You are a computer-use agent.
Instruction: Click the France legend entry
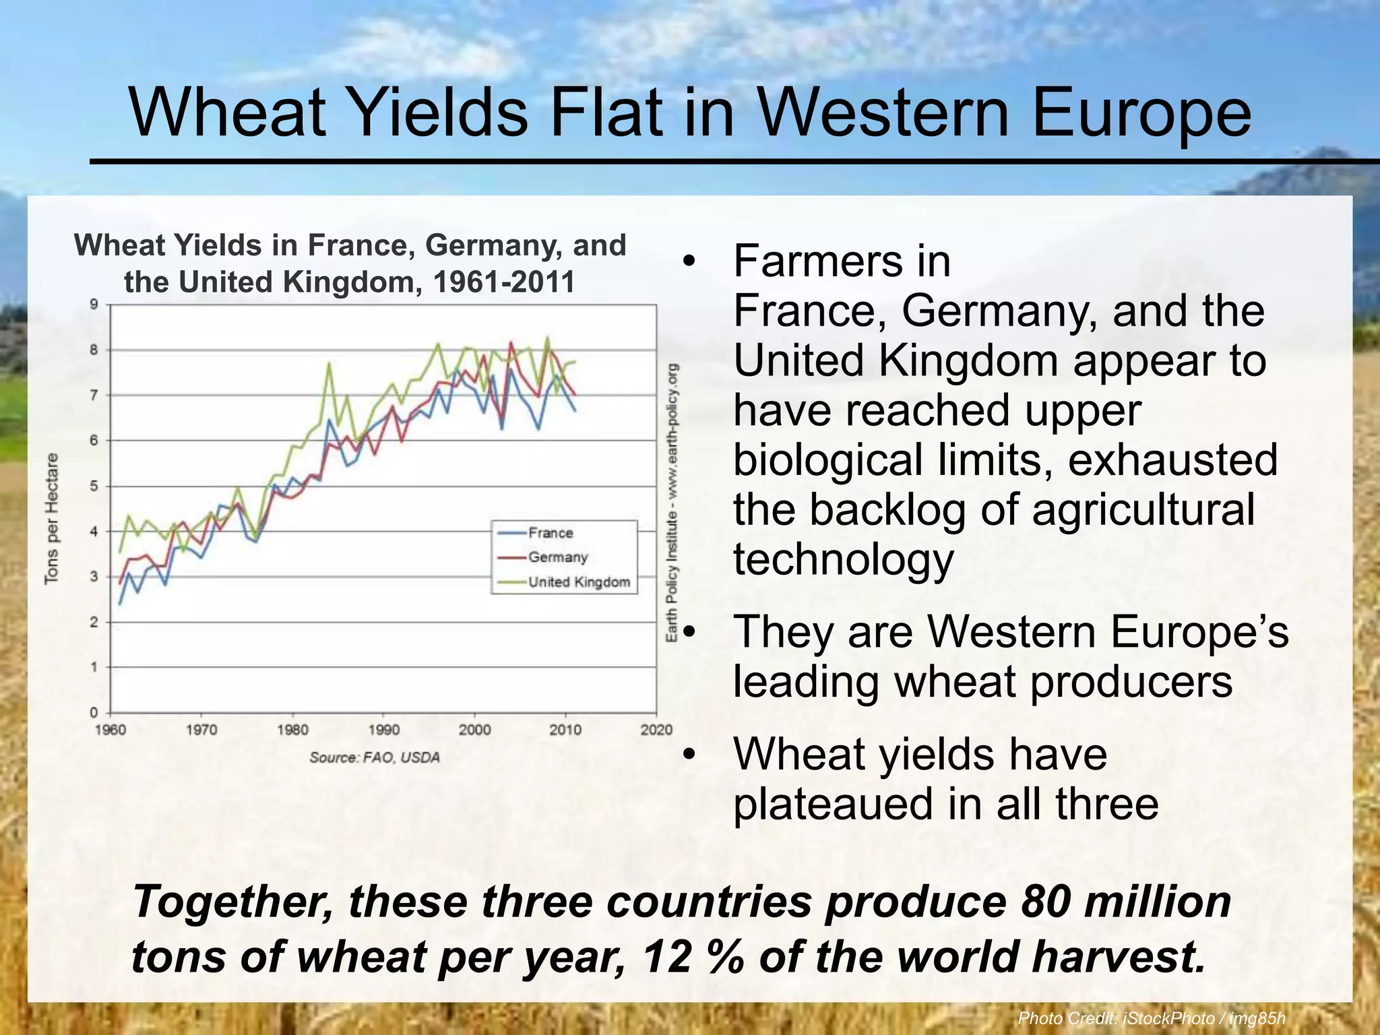click(550, 533)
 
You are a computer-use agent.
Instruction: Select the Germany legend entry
click(557, 557)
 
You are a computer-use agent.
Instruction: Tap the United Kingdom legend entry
click(578, 582)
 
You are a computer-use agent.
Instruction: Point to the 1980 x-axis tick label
click(292, 730)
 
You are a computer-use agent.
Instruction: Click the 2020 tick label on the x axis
click(656, 730)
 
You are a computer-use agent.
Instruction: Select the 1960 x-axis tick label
click(111, 730)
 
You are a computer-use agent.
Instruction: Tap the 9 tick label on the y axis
click(94, 304)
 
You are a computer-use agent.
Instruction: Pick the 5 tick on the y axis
click(94, 486)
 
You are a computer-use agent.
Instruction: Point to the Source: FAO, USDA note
click(375, 757)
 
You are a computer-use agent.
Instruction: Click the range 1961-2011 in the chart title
click(503, 282)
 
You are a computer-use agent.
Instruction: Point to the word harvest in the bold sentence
click(1116, 957)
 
